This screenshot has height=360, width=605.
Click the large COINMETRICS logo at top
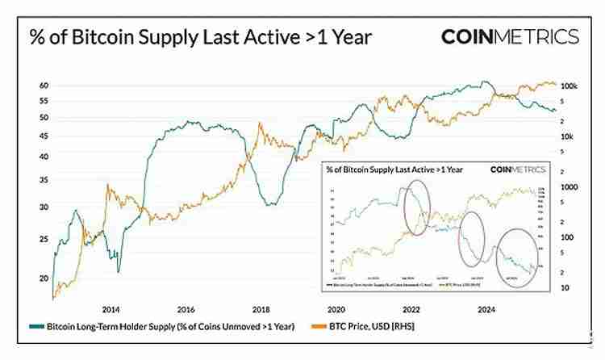[x=509, y=37]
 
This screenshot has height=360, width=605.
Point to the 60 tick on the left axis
[x=44, y=86]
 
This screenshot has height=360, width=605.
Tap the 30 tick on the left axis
[x=44, y=207]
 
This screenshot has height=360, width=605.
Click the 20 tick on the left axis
[x=44, y=278]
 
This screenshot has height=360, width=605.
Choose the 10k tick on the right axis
[x=566, y=137]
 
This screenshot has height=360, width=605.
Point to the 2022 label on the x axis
[x=411, y=309]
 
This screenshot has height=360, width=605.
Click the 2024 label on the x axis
[x=486, y=309]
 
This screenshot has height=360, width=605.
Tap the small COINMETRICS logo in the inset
[x=518, y=170]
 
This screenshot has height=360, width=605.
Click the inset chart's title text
[x=393, y=170]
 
